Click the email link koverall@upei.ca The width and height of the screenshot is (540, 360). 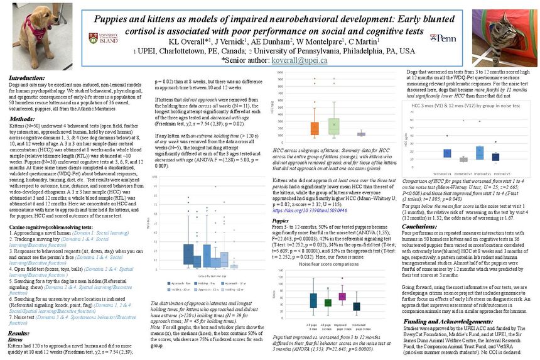click(x=300, y=60)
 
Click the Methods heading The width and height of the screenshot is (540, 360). click(x=22, y=118)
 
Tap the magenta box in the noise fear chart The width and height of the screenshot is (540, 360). click(x=342, y=296)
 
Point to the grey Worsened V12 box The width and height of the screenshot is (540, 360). click(x=464, y=159)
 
